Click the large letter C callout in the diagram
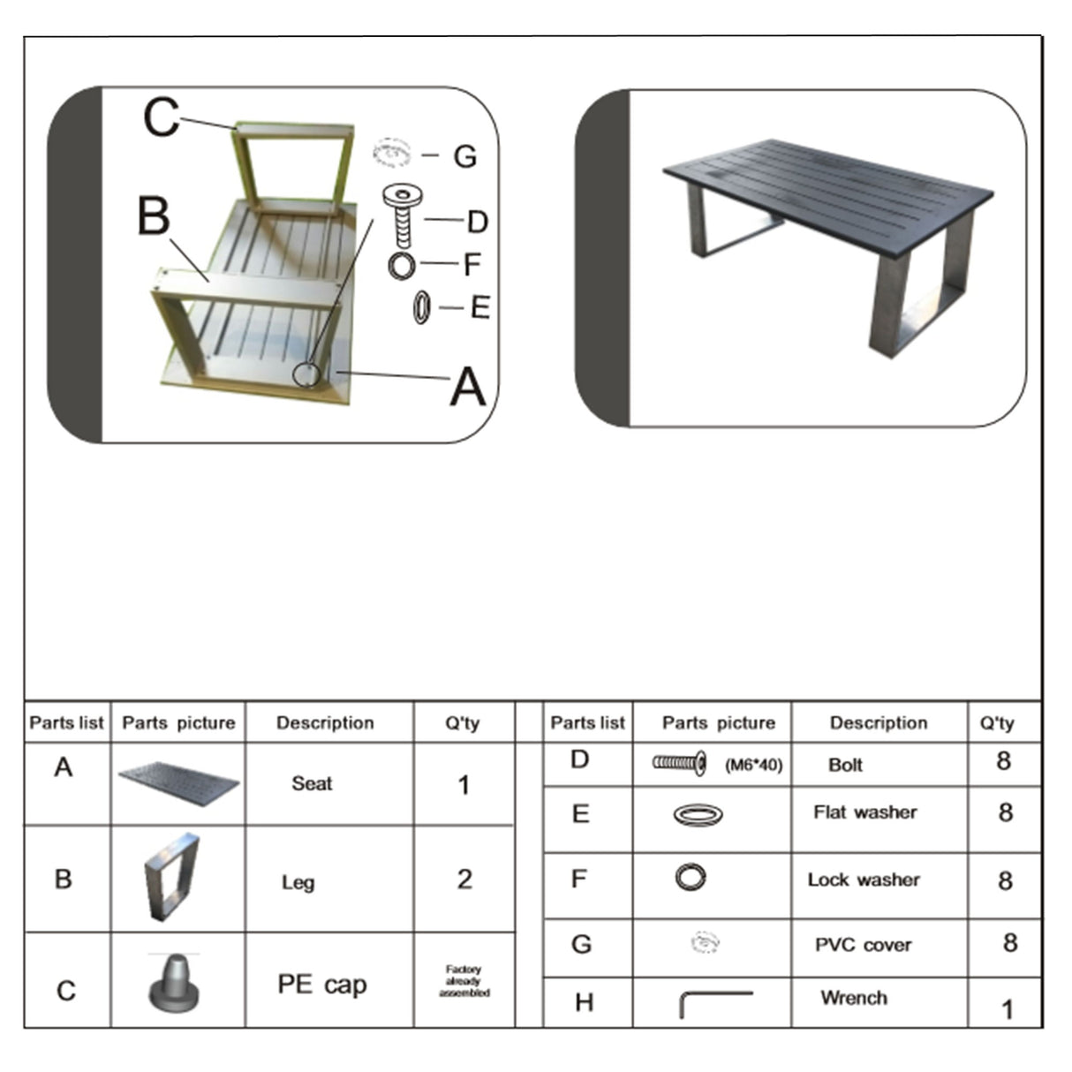(x=161, y=117)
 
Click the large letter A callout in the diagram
(x=467, y=387)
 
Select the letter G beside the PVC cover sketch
(x=464, y=156)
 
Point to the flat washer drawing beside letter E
(x=422, y=308)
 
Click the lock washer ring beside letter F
(x=402, y=264)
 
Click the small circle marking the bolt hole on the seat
(x=306, y=374)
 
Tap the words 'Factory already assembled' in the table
(x=464, y=981)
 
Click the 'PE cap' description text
(x=321, y=984)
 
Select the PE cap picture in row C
(x=174, y=981)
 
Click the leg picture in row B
(x=171, y=876)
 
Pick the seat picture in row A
(x=178, y=783)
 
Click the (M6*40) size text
(x=753, y=766)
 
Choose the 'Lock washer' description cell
(x=863, y=880)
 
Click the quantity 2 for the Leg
(x=464, y=879)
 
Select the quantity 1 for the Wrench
(x=1007, y=1009)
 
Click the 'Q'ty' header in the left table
(x=462, y=723)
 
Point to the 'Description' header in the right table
(x=878, y=723)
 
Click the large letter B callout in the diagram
(x=154, y=215)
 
